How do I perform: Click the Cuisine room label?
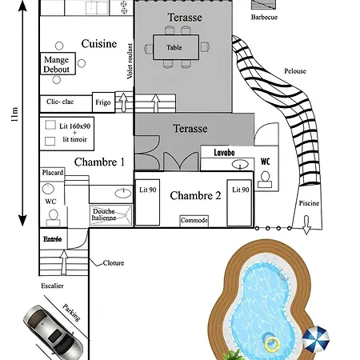[99, 44]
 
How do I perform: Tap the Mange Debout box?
[58, 63]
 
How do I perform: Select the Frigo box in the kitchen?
[103, 102]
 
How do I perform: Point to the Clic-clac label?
[60, 102]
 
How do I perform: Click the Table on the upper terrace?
[176, 47]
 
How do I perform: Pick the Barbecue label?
[264, 17]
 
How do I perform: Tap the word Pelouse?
[295, 71]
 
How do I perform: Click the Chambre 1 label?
[99, 162]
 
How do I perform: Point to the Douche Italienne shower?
[111, 215]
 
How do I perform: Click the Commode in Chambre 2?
[194, 221]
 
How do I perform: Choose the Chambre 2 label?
[195, 195]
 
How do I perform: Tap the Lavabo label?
[224, 153]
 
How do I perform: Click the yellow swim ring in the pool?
[272, 344]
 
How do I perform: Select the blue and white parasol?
[316, 339]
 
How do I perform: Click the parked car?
[53, 332]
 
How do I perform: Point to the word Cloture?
[114, 263]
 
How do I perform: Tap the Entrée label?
[53, 239]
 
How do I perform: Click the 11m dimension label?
[14, 114]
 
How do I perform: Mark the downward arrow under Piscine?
[306, 225]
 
